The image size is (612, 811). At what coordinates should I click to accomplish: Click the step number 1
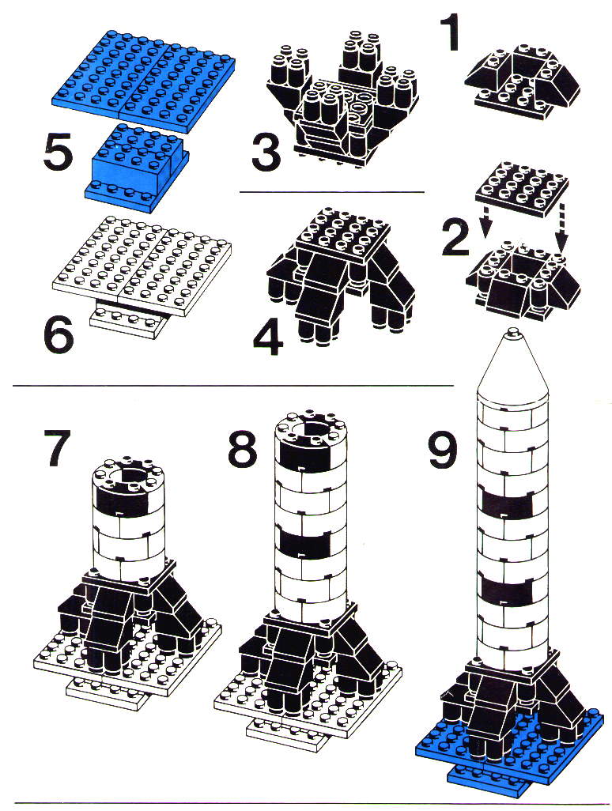click(449, 34)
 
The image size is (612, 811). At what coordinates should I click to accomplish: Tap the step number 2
click(455, 237)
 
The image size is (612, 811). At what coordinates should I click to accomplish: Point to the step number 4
click(269, 338)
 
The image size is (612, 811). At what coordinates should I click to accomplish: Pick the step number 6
click(59, 336)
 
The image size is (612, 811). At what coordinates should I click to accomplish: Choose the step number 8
click(243, 447)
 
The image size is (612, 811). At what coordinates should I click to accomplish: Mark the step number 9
click(444, 451)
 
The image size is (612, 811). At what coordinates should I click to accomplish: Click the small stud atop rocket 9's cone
click(512, 332)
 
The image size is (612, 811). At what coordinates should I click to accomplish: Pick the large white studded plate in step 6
click(142, 264)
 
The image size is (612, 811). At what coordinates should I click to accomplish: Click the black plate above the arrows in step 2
click(522, 189)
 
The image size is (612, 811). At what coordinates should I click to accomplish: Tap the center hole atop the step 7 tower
click(127, 475)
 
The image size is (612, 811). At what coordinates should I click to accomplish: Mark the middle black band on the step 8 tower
click(306, 541)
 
